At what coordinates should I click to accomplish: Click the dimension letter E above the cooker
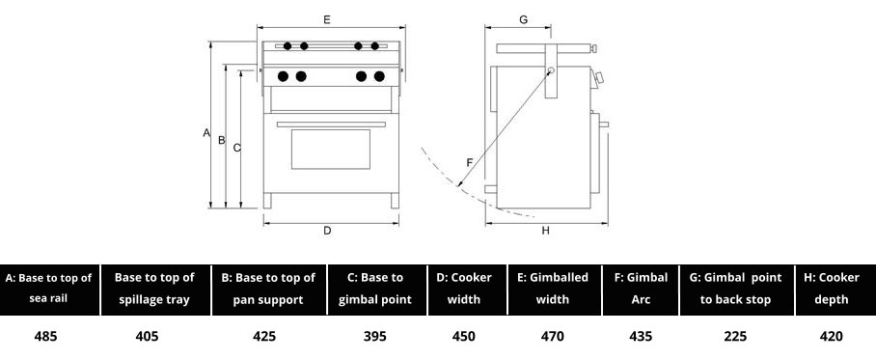coord(327,19)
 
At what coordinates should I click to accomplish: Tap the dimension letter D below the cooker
coord(327,231)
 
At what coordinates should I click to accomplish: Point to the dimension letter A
coord(206,133)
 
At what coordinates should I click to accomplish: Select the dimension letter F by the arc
coord(470,162)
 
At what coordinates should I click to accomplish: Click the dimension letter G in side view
coord(524,19)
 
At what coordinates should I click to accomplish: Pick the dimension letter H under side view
coord(546,231)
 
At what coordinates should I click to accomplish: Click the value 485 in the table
coord(45,336)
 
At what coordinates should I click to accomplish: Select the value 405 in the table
coord(147,336)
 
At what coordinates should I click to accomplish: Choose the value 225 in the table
coord(735,336)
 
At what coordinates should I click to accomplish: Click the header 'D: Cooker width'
coord(464,289)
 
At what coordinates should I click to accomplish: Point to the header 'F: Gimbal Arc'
coord(641,289)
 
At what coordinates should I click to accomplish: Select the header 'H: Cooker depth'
coord(832,289)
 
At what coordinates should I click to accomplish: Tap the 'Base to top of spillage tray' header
coord(154,289)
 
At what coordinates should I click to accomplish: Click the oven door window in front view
coord(331,150)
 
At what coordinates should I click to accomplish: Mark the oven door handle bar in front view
coord(331,125)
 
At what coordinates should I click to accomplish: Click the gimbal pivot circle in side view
coord(551,70)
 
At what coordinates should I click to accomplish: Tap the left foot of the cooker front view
coord(267,201)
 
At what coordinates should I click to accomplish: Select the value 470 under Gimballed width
coord(553,336)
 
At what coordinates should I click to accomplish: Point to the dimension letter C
coord(237,148)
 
